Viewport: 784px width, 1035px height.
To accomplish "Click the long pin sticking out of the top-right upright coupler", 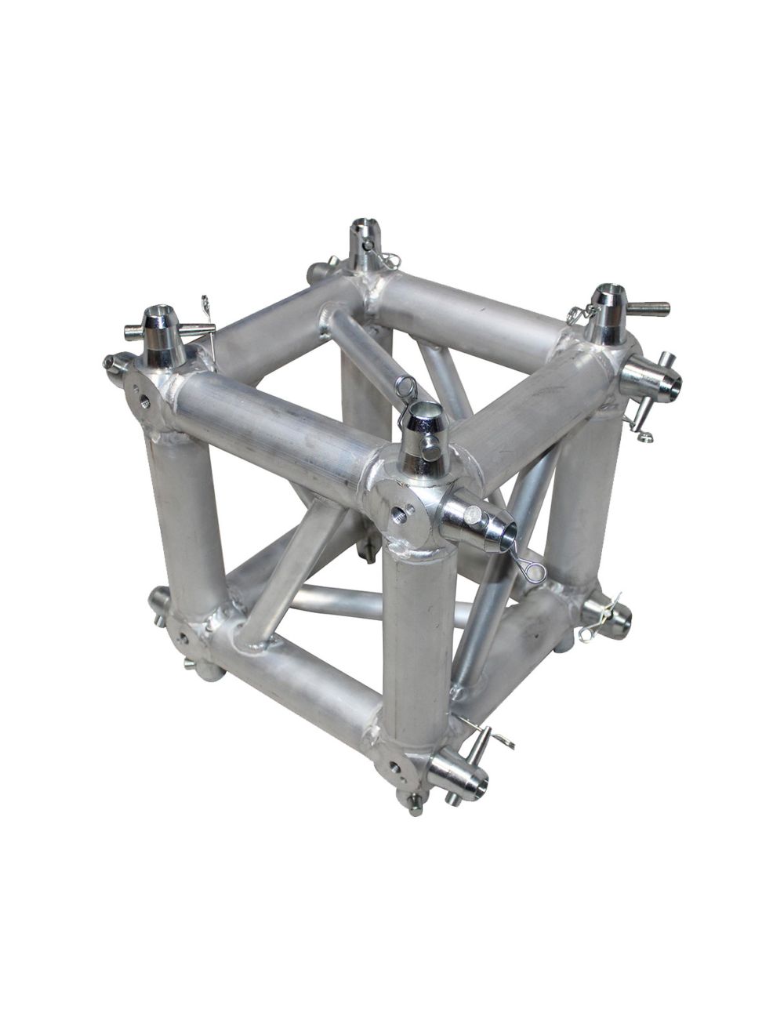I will (x=647, y=307).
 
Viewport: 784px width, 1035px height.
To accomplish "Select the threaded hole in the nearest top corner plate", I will (x=401, y=514).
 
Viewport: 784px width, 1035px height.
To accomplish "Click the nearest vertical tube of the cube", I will (x=417, y=635).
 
